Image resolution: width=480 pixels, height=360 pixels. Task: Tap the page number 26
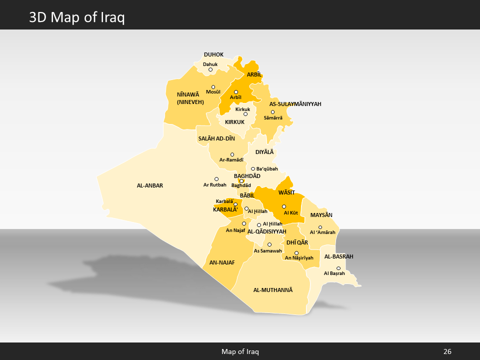447,351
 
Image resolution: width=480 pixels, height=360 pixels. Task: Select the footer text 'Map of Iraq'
240,351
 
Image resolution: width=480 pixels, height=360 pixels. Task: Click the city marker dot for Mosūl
213,87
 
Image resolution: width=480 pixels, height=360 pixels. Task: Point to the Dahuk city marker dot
210,69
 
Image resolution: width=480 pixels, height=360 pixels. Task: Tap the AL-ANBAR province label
150,185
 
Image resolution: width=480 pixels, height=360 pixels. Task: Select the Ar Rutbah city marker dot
216,179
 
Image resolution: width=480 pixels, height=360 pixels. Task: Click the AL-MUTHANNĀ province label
272,290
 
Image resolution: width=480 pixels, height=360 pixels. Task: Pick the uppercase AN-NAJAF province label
222,262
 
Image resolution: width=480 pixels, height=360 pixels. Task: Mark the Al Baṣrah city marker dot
338,268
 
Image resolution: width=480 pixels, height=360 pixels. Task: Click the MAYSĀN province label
321,215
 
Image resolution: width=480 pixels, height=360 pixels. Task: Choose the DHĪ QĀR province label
297,242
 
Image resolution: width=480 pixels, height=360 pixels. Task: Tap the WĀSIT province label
286,192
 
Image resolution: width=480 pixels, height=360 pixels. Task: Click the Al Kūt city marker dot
284,206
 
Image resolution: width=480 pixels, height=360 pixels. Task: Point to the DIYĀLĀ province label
265,152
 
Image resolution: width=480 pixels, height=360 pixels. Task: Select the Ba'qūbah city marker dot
253,169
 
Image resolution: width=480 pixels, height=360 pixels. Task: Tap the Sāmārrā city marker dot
272,112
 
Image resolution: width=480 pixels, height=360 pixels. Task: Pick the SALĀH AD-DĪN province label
216,138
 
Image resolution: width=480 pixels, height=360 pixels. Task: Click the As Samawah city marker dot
269,244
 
